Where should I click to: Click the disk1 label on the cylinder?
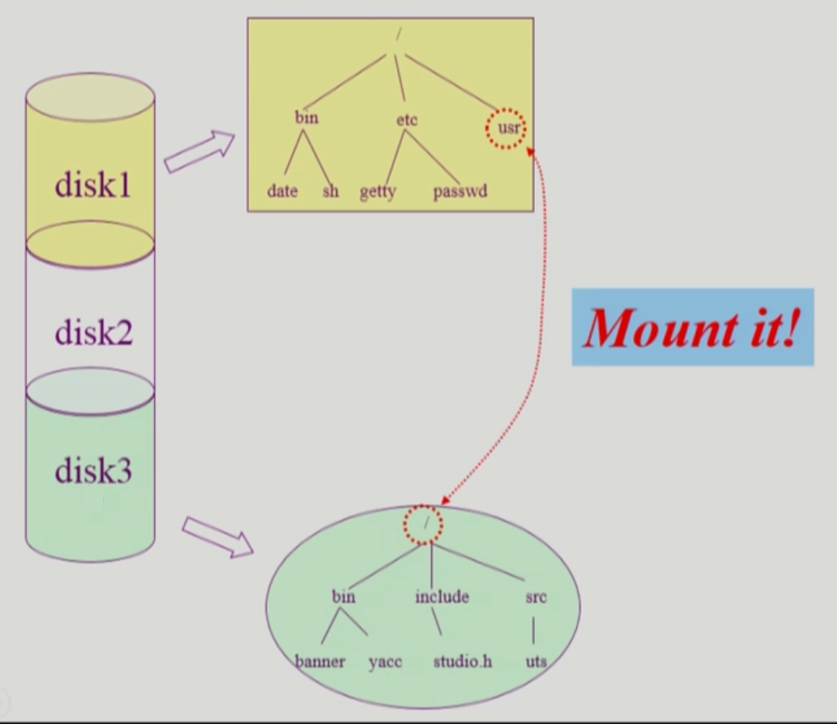(x=93, y=184)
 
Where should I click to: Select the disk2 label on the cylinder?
(x=93, y=331)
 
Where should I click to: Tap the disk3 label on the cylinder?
(x=93, y=471)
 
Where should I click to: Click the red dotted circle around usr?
(x=505, y=128)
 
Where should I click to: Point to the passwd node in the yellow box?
(x=460, y=191)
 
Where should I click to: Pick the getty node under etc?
(x=377, y=192)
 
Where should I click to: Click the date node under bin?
(x=282, y=191)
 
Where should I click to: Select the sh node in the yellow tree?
(x=331, y=191)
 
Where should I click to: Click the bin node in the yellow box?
(x=306, y=118)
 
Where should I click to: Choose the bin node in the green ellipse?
(x=344, y=596)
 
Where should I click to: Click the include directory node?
(x=441, y=596)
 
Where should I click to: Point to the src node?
(x=536, y=596)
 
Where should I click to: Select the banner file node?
(x=320, y=662)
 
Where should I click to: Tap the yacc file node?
(x=385, y=662)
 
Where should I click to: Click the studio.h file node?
(x=463, y=662)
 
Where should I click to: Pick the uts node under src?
(x=536, y=662)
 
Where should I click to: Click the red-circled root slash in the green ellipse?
(x=423, y=525)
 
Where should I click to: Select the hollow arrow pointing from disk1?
(x=199, y=151)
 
